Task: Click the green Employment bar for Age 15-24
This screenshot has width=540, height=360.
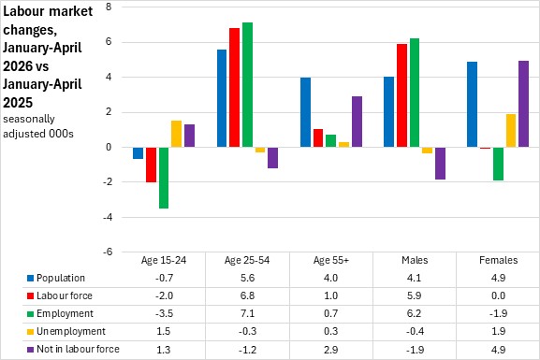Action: pos(164,178)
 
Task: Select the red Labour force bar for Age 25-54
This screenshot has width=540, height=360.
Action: pos(235,87)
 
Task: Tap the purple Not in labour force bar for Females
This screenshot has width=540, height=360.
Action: pos(523,104)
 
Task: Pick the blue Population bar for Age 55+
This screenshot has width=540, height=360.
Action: pos(305,112)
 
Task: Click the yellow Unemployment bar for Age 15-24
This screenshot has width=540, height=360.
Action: pos(176,134)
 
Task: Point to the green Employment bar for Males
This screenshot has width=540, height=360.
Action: pos(415,93)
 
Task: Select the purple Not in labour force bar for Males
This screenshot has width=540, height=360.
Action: pos(440,164)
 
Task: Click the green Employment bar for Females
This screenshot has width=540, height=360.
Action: pos(498,164)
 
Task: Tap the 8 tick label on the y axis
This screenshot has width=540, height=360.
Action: pos(109,7)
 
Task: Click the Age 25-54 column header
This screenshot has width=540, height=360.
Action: pos(247,260)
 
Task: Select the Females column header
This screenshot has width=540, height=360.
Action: pos(498,260)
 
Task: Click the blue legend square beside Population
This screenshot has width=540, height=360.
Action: pos(30,278)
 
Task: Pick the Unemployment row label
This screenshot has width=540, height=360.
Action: pos(71,331)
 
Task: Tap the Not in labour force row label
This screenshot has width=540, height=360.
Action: pos(78,349)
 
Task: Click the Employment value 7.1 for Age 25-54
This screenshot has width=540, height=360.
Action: pos(247,313)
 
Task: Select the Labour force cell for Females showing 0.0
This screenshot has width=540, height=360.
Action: pos(498,295)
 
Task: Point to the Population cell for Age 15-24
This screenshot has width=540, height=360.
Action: pos(164,278)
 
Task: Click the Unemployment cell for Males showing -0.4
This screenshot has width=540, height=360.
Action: pos(415,331)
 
